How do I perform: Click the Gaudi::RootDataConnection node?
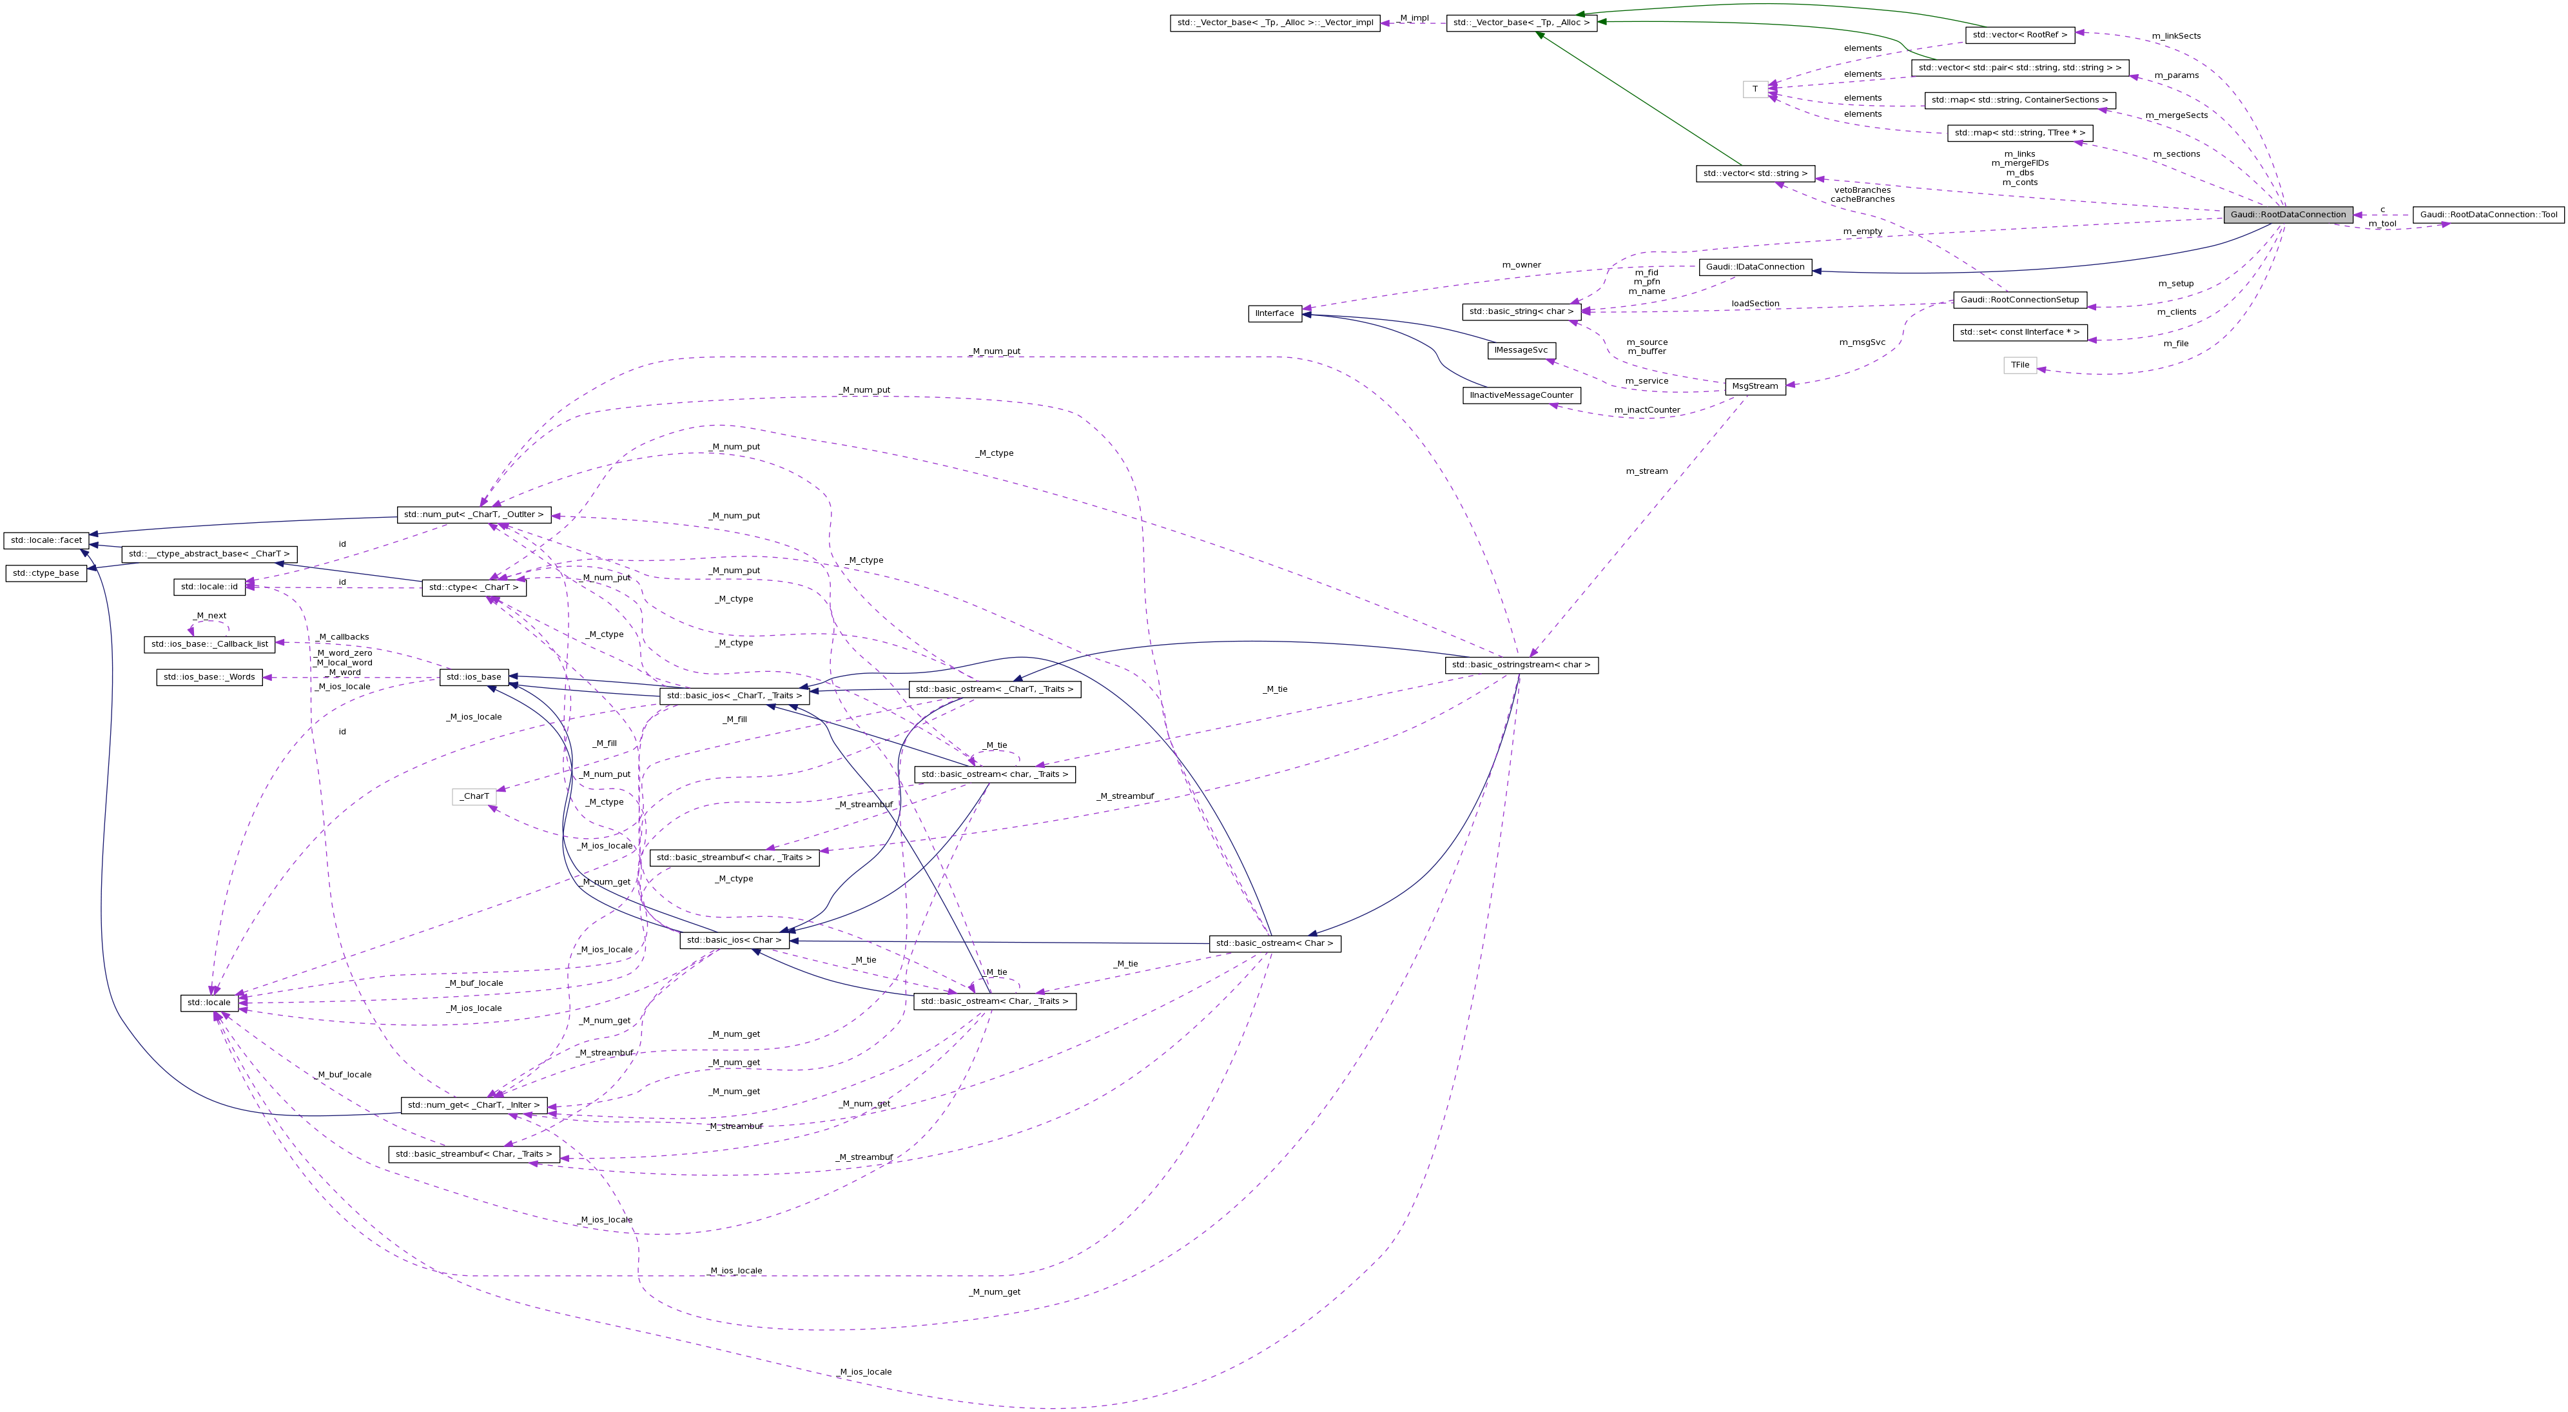coord(2288,215)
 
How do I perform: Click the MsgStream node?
coord(1755,386)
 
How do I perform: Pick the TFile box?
coord(2019,365)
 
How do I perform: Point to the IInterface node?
coord(1274,313)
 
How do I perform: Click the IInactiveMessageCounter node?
coord(1521,395)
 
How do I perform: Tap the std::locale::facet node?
coord(46,540)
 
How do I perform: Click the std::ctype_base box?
coord(46,573)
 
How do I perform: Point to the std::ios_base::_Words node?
coord(209,677)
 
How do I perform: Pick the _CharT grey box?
coord(474,796)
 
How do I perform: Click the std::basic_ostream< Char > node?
coord(1274,943)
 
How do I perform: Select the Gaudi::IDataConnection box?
coord(1755,266)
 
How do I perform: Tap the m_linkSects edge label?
coord(2175,36)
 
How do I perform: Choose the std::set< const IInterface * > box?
coord(2019,332)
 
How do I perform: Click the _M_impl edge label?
coord(1413,18)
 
